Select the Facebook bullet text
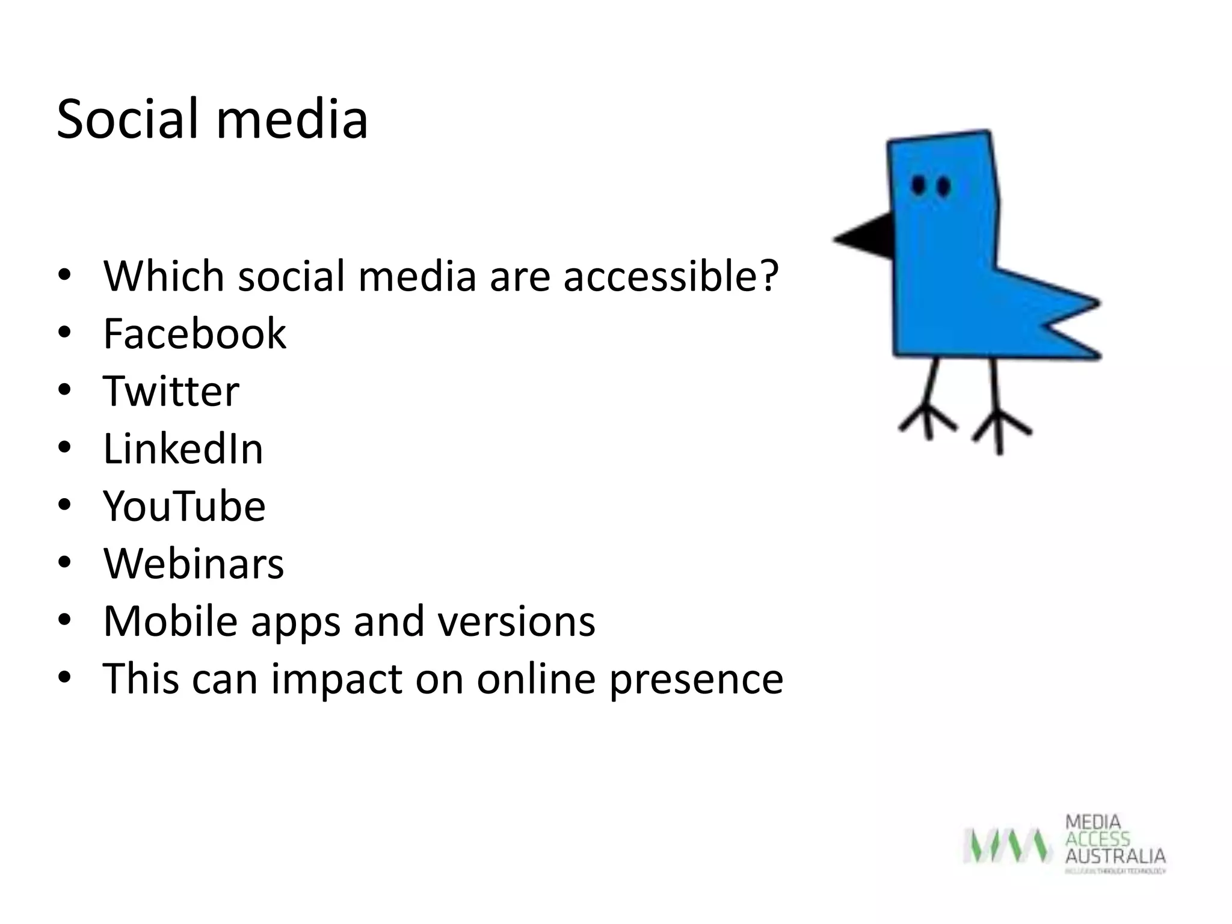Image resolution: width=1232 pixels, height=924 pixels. (x=194, y=333)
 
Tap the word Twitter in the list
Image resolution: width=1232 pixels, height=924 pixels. (x=171, y=391)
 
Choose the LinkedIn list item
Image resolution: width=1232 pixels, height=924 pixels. (x=183, y=449)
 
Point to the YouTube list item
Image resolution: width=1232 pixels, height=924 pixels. (x=184, y=506)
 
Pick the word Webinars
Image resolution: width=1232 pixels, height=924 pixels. (x=193, y=564)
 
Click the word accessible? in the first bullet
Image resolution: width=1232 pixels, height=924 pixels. (x=670, y=276)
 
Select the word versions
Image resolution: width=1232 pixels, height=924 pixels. (x=516, y=621)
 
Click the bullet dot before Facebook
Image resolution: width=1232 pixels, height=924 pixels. (x=65, y=333)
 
